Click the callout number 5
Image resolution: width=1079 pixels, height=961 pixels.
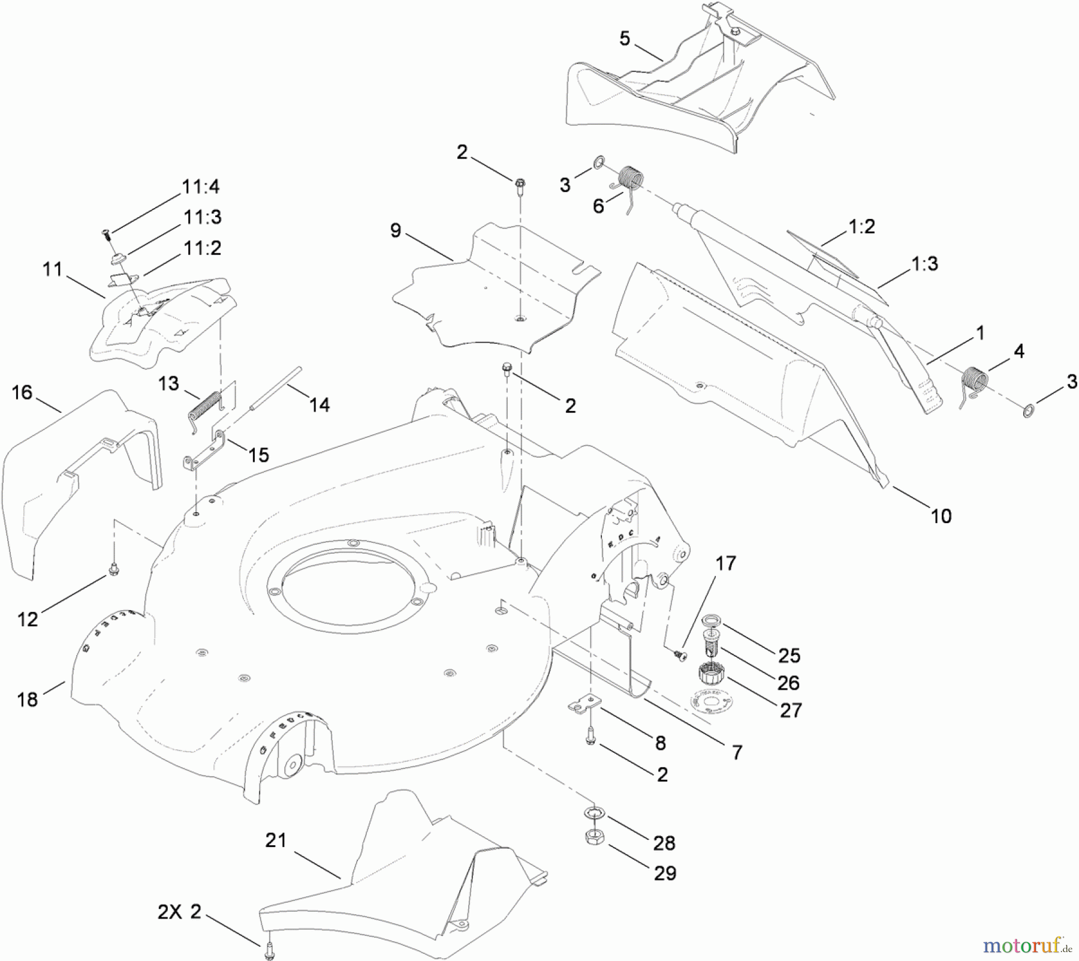625,39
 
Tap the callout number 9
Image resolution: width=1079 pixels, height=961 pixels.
396,231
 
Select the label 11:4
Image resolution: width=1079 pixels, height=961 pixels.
201,187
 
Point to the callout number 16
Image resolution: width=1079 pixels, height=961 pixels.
22,393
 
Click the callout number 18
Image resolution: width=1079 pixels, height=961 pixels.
28,699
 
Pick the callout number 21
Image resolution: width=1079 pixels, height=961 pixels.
276,840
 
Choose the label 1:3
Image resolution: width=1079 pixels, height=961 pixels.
924,263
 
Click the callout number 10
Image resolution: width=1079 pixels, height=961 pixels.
941,516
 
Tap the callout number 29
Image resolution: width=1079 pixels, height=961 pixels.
665,873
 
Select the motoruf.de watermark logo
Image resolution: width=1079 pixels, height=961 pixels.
1027,946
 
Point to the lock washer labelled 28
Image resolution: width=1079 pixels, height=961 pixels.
595,813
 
